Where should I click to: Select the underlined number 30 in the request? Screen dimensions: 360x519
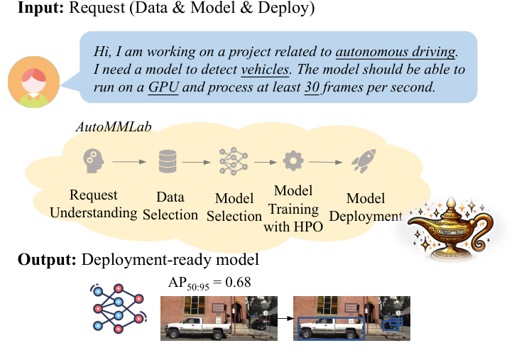(x=311, y=88)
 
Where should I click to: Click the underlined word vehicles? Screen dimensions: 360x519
(x=266, y=70)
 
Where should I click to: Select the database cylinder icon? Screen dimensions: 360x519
(x=168, y=161)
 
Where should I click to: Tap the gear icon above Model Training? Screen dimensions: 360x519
(x=293, y=161)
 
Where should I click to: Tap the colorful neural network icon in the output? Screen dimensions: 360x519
(x=116, y=308)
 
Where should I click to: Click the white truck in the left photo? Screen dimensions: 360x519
(x=196, y=327)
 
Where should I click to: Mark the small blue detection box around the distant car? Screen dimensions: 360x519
(x=393, y=324)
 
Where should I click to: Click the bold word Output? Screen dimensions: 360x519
(x=47, y=260)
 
